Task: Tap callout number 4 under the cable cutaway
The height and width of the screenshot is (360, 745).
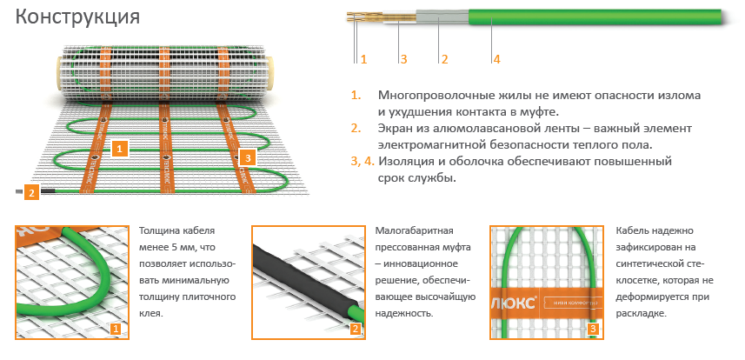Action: [x=496, y=59]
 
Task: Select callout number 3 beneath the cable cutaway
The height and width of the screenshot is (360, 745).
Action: [x=403, y=59]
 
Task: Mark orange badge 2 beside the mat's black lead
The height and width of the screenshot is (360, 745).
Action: [x=31, y=192]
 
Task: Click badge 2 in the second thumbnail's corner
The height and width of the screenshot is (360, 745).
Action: [x=355, y=329]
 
